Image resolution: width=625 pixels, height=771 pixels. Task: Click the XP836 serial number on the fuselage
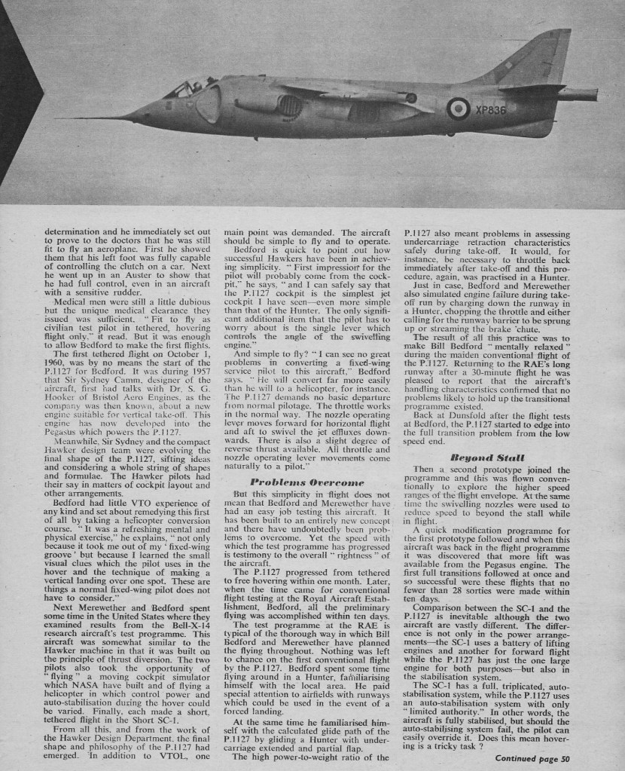pyautogui.click(x=490, y=110)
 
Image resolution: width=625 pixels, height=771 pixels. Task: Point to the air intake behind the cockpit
pyautogui.click(x=209, y=104)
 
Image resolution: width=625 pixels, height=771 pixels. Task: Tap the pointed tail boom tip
pyautogui.click(x=595, y=94)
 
